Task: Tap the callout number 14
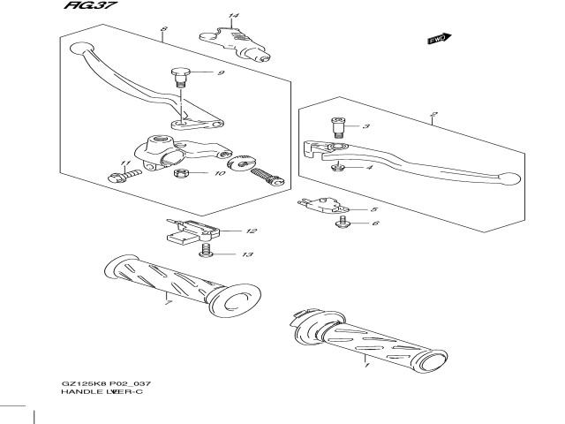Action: (233, 17)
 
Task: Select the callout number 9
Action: (221, 72)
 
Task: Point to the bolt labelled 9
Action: (182, 76)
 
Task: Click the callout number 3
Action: (366, 127)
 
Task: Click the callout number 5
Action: (374, 209)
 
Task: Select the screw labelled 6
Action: (342, 225)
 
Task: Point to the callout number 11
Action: (124, 165)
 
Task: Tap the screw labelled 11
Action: (120, 178)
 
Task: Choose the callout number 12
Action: (252, 231)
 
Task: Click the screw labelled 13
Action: (206, 254)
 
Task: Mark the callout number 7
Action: (168, 303)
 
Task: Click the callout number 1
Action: (365, 361)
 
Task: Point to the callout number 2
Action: (433, 114)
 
